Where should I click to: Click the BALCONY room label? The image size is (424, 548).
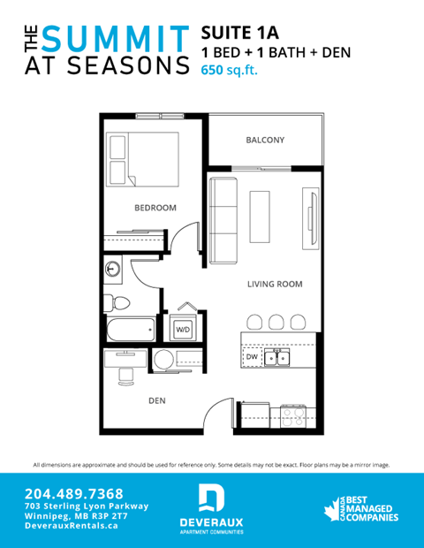[264, 140]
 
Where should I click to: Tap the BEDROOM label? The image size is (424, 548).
[155, 208]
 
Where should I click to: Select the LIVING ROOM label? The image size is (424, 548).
[275, 285]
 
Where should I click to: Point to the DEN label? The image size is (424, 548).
[157, 400]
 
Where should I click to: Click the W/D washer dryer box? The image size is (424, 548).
[184, 329]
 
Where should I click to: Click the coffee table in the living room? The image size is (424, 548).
[261, 217]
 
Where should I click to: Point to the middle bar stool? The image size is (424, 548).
[276, 321]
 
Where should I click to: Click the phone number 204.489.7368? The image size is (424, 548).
[74, 492]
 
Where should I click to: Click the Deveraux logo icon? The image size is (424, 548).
[211, 499]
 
